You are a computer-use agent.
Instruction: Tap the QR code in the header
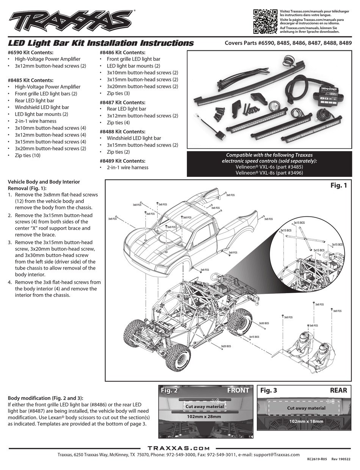coord(265,21)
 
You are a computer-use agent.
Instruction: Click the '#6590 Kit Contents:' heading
coord(31,53)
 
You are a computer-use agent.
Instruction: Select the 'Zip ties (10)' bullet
coord(28,155)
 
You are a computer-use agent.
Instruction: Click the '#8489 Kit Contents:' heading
coord(122,161)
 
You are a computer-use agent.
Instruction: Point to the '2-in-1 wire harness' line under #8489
coord(127,167)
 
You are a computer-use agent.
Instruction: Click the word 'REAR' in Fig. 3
coord(338,390)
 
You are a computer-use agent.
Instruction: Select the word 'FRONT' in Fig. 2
coord(238,390)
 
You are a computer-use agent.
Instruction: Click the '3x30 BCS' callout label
coord(264,323)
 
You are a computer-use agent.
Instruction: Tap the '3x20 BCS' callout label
coord(226,346)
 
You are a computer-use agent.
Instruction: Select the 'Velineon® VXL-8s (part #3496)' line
coord(269,173)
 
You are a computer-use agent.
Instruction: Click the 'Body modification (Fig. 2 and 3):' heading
coord(45,398)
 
